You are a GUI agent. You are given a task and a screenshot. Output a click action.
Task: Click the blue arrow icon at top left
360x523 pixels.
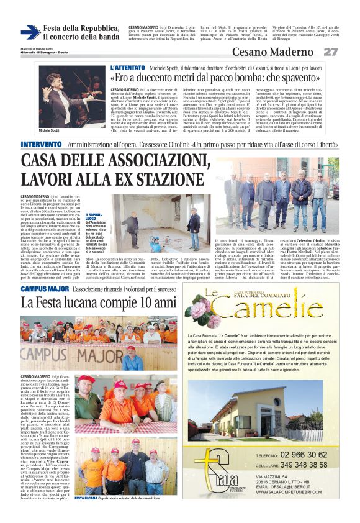pos(30,32)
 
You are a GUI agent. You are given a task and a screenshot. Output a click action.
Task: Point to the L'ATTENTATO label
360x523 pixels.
pos(128,67)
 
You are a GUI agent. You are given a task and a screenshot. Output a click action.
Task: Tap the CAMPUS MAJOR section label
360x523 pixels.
pos(45,289)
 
